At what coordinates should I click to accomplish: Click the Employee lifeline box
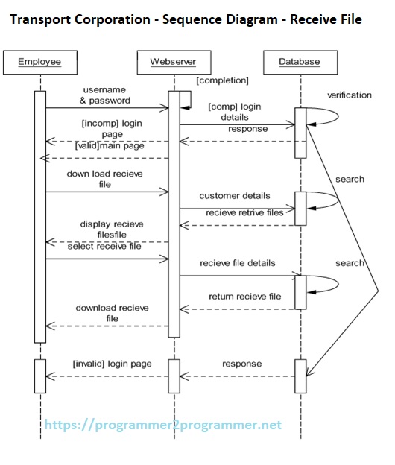coord(39,62)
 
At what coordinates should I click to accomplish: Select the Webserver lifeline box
coord(173,62)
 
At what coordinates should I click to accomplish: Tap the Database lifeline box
coord(300,62)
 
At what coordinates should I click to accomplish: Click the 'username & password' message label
coord(105,95)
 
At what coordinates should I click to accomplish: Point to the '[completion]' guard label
coord(223,80)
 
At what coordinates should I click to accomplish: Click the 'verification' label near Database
coord(349,95)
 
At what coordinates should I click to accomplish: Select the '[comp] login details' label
coord(235,112)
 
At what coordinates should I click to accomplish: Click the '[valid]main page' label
coord(109,146)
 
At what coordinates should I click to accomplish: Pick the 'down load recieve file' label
coord(105,179)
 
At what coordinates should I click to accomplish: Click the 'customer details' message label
coord(235,196)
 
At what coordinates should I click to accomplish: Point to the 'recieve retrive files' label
coord(244,212)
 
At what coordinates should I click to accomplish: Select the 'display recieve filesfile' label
coord(112,229)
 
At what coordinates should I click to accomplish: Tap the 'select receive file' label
coord(104,247)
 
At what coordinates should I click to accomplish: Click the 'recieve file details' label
coord(238,263)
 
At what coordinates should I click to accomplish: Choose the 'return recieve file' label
coord(244,296)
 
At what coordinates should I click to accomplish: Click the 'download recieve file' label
coord(112,313)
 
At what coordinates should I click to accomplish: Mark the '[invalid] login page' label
coord(112,364)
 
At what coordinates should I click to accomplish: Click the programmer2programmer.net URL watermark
coord(163,425)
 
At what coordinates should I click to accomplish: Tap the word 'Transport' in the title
coord(44,19)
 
